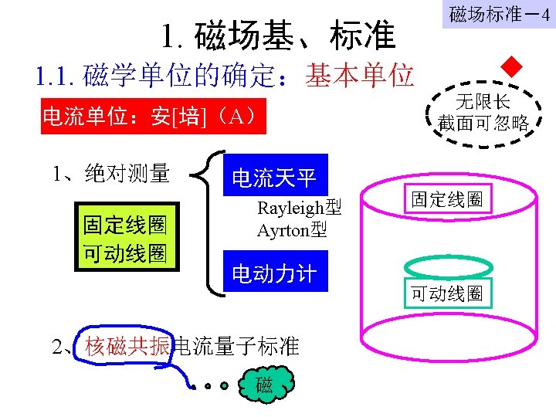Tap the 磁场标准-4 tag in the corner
(500, 15)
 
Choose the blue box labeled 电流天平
(274, 178)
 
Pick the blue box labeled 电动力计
(274, 273)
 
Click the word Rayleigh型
(299, 208)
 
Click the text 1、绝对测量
(110, 175)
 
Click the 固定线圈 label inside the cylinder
(446, 199)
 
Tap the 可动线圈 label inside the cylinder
(446, 293)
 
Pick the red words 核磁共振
(127, 345)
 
